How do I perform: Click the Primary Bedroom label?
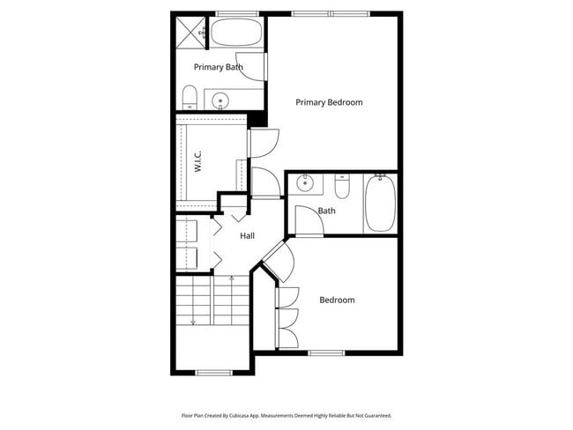point(329,102)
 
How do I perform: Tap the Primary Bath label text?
point(219,67)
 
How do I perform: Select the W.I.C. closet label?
point(197,164)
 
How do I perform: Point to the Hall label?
point(248,236)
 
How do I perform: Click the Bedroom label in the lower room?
point(337,300)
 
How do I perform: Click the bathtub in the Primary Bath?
point(236,33)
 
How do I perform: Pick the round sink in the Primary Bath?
point(220,100)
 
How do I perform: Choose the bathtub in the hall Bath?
point(380,203)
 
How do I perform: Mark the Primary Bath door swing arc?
point(252,67)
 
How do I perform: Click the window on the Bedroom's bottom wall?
point(326,352)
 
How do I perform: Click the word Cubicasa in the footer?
point(240,416)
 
